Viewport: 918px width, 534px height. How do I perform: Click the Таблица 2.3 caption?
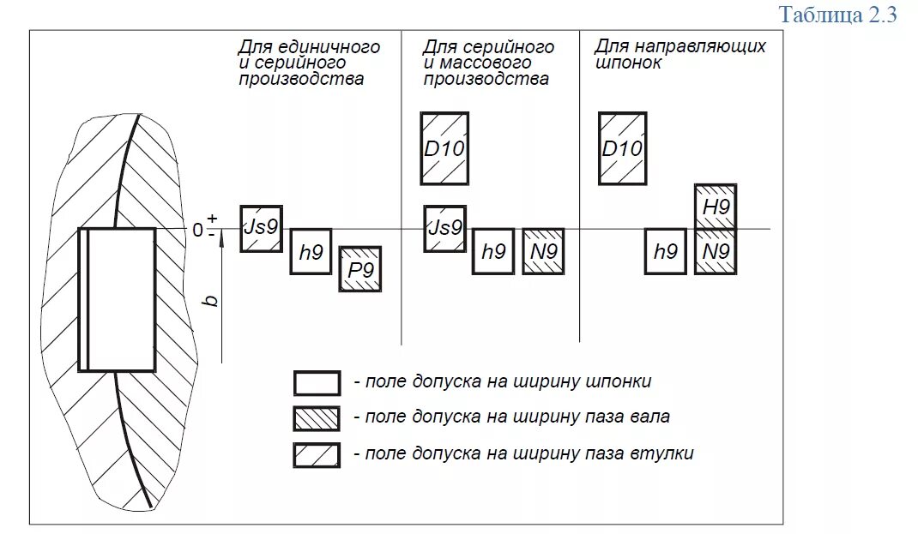(837, 15)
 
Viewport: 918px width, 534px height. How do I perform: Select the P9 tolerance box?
(359, 269)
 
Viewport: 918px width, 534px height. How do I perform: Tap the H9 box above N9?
(716, 207)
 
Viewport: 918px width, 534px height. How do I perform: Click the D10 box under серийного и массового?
(444, 148)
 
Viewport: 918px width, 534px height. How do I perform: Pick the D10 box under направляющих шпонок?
(622, 148)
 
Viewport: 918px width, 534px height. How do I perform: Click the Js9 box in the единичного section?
(261, 228)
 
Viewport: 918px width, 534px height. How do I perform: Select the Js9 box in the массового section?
(444, 228)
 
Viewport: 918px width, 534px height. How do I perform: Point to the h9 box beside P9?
(311, 251)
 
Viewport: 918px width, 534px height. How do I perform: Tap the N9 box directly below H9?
(716, 251)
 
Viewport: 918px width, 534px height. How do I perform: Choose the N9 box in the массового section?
(543, 251)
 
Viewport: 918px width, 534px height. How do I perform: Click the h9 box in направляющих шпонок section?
(666, 251)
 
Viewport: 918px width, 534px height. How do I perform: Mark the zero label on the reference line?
(198, 230)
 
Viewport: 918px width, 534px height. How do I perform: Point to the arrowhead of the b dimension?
(221, 241)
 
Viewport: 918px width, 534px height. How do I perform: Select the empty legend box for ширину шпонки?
(317, 383)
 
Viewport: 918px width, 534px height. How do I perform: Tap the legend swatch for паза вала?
(317, 418)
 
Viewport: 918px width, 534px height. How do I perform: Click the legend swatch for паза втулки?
(317, 454)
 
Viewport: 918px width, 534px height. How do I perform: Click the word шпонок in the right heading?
(628, 63)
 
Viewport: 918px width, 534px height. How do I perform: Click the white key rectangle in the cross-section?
(121, 299)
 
